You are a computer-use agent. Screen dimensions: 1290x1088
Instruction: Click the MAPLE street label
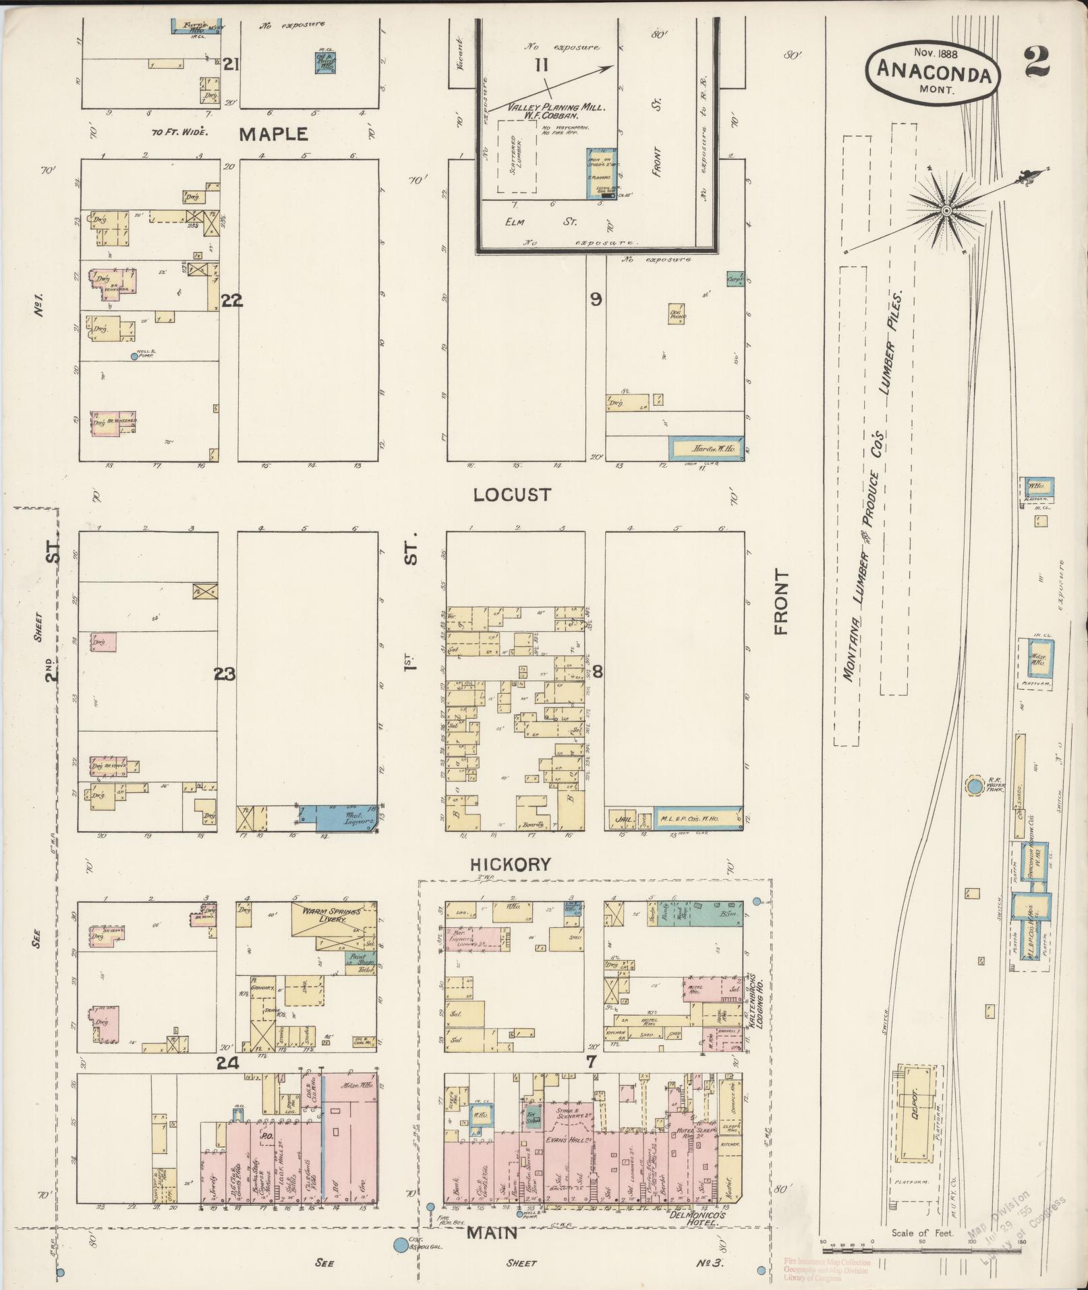pyautogui.click(x=274, y=134)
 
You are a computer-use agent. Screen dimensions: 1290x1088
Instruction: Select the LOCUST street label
pyautogui.click(x=511, y=494)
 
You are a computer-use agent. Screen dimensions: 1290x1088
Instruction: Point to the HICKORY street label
pyautogui.click(x=511, y=864)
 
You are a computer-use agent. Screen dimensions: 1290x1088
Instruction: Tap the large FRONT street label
pyautogui.click(x=781, y=602)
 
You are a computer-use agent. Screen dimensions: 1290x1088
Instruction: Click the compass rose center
pyautogui.click(x=946, y=211)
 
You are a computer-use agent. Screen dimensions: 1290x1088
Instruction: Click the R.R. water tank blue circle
pyautogui.click(x=974, y=786)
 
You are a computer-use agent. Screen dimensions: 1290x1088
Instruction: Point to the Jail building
pyautogui.click(x=622, y=819)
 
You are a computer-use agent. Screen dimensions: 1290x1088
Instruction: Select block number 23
pyautogui.click(x=225, y=673)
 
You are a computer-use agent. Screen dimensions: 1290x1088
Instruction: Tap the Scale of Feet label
pyautogui.click(x=922, y=1233)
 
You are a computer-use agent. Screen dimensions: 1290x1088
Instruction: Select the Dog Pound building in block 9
pyautogui.click(x=678, y=314)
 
